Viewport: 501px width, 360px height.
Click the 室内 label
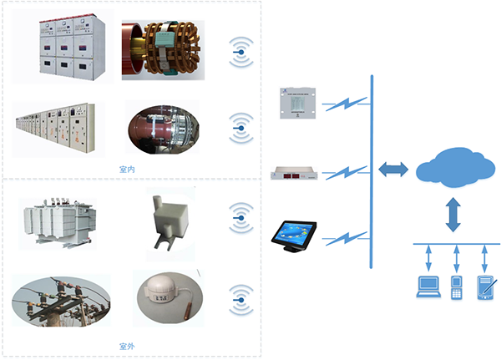point(128,169)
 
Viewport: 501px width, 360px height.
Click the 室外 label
point(128,343)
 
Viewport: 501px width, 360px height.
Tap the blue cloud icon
point(453,169)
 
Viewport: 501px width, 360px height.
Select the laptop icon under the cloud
point(428,286)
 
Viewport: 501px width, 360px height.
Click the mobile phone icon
point(457,286)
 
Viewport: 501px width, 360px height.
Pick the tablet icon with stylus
point(486,286)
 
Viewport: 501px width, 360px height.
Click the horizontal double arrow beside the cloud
point(393,170)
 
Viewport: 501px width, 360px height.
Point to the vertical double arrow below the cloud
point(453,213)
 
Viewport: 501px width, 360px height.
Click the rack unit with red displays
point(296,175)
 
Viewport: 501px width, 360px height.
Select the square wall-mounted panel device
point(296,104)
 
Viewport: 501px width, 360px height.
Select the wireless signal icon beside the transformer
point(241,218)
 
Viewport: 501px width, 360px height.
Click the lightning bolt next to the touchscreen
point(345,239)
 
